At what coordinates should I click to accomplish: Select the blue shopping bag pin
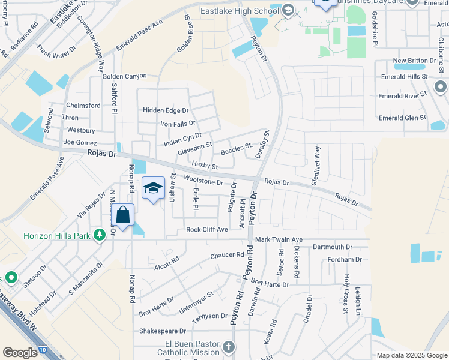122,215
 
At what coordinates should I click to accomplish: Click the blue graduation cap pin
153,188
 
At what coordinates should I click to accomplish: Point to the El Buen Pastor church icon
228,347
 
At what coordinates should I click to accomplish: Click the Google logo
20,353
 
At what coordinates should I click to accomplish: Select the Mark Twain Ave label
279,239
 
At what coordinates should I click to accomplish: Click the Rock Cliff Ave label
207,229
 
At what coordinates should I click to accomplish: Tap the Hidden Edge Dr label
166,110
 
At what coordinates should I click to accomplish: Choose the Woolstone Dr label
203,180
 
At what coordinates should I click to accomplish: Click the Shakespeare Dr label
162,331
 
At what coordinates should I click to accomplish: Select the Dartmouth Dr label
331,247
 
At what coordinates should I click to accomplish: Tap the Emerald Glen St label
402,118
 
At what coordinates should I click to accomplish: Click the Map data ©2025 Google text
412,355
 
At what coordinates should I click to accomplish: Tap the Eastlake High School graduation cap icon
288,10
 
